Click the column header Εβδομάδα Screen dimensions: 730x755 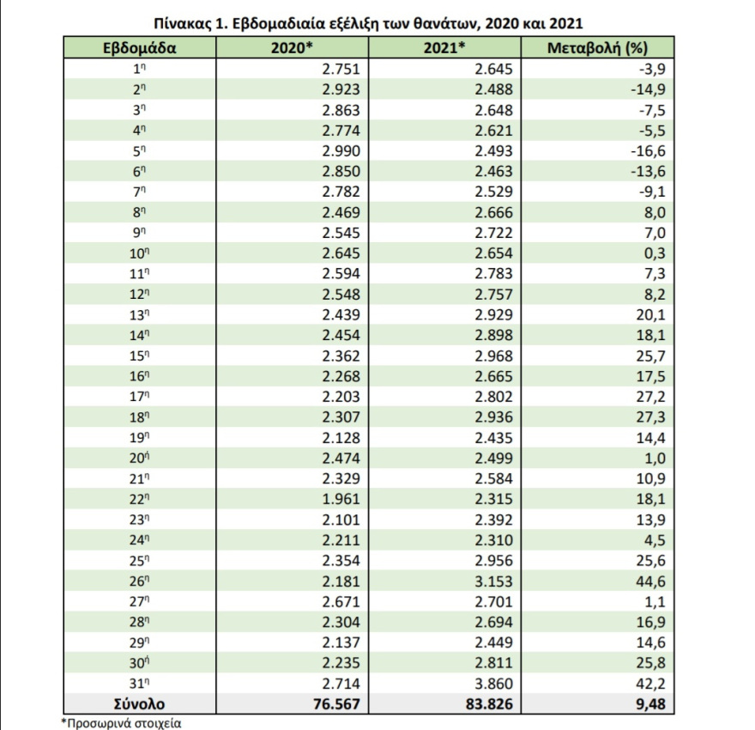pyautogui.click(x=139, y=48)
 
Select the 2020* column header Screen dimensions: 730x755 pyautogui.click(x=292, y=48)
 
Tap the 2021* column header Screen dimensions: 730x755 pyautogui.click(x=444, y=48)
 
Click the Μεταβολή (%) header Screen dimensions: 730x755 pyautogui.click(x=597, y=48)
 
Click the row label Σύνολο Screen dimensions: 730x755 pyautogui.click(x=139, y=703)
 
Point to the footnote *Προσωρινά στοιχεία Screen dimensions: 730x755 pyautogui.click(x=121, y=722)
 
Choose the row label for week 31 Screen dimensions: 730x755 pyautogui.click(x=139, y=682)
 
